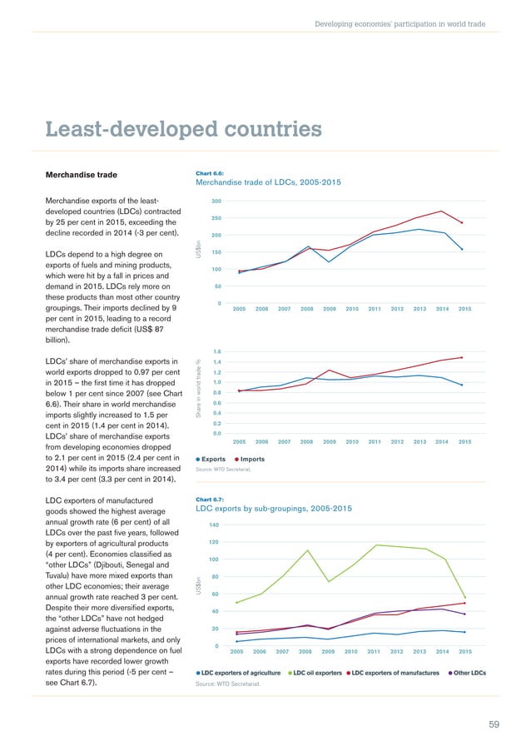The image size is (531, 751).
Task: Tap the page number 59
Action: [x=494, y=724]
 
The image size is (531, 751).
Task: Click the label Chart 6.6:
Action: [x=209, y=172]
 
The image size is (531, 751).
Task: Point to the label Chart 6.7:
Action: [x=209, y=499]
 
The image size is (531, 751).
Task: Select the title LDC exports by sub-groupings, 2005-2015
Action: [x=273, y=508]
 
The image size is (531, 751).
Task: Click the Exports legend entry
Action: [x=215, y=459]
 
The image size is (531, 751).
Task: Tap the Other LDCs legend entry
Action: [x=469, y=672]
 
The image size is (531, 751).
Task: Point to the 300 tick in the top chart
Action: [x=216, y=201]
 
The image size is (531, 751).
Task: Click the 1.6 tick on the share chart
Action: [x=216, y=352]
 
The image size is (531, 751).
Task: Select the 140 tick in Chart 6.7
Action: [x=215, y=525]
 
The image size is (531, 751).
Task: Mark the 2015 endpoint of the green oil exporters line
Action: [x=464, y=597]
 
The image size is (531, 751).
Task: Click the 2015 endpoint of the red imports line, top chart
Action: [x=462, y=223]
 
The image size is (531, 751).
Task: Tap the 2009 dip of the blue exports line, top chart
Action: [x=329, y=262]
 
